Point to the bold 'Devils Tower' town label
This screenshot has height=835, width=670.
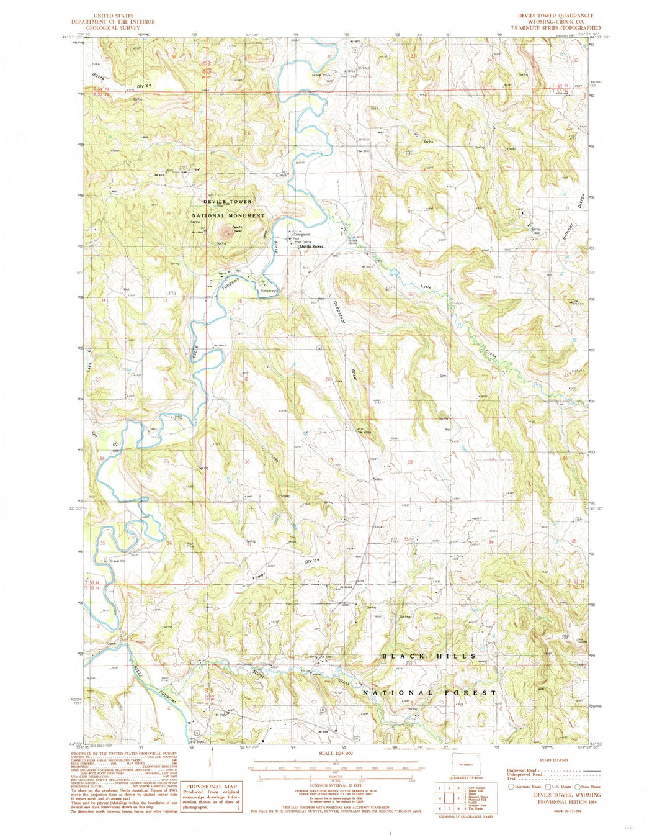[311, 246]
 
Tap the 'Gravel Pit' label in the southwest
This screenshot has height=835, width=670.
[117, 561]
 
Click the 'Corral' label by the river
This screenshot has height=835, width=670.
[112, 644]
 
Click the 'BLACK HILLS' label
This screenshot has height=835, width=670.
[429, 656]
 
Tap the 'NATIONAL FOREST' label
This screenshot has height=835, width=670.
[429, 692]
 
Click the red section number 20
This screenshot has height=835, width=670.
[326, 379]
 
